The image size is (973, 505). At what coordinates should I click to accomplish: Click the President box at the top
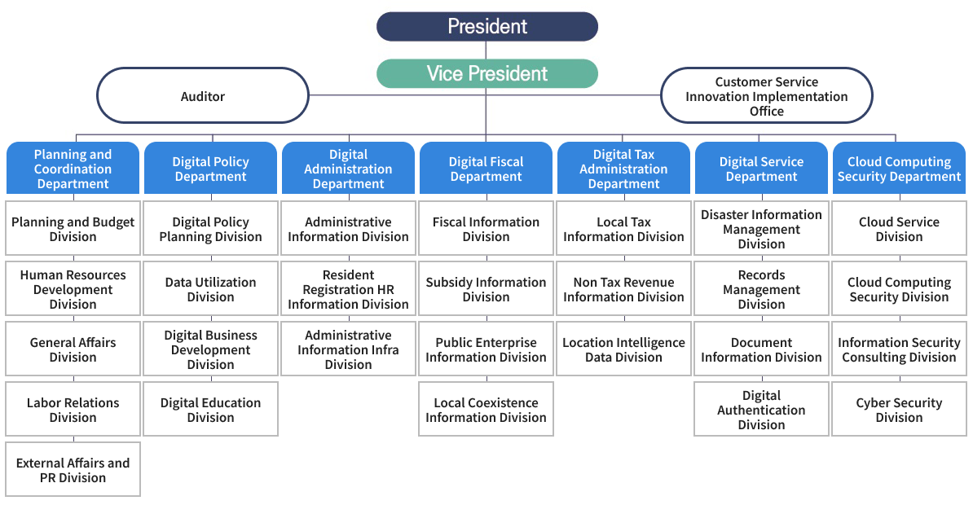(x=487, y=26)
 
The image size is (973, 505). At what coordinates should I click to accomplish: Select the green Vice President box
(x=487, y=73)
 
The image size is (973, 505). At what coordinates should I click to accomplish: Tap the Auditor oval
(x=203, y=95)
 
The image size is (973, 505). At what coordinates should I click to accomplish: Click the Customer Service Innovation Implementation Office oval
(x=766, y=95)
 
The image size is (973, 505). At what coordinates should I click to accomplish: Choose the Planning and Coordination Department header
(x=73, y=168)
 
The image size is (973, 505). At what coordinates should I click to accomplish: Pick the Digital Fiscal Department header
(x=486, y=168)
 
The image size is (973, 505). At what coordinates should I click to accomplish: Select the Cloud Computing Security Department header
(x=899, y=168)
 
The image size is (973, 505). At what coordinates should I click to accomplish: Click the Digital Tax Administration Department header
(x=623, y=168)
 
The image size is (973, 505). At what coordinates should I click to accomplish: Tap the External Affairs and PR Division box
(x=73, y=470)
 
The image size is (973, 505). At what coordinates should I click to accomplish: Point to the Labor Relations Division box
(x=73, y=410)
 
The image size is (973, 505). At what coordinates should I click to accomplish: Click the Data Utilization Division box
(x=211, y=289)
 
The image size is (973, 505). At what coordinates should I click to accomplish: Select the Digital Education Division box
(x=211, y=410)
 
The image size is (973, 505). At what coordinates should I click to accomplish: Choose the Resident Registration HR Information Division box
(x=348, y=289)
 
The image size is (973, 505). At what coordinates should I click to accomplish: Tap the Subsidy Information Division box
(x=486, y=289)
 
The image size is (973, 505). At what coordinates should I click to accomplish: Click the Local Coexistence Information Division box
(x=486, y=410)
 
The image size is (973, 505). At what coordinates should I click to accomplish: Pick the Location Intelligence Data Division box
(x=623, y=349)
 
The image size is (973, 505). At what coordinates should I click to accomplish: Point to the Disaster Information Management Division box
(x=761, y=228)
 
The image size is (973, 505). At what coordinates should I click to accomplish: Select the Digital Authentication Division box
(x=761, y=410)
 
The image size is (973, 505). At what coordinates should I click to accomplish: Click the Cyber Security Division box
(x=899, y=410)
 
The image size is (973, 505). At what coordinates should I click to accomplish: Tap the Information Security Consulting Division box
(x=899, y=349)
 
